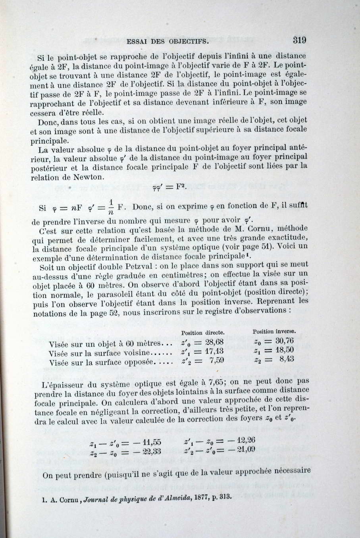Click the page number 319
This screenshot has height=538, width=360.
pos(299,40)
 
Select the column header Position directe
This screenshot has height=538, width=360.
pos(203,333)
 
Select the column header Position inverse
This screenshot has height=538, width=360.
pos(274,331)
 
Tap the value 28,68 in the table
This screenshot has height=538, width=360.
pos(214,342)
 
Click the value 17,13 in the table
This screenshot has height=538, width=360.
pos(214,351)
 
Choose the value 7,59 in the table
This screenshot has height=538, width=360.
pos(217,361)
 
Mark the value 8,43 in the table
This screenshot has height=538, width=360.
pos(287,359)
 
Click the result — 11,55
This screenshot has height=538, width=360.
pos(146,442)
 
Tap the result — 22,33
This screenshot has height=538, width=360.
pos(146,451)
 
